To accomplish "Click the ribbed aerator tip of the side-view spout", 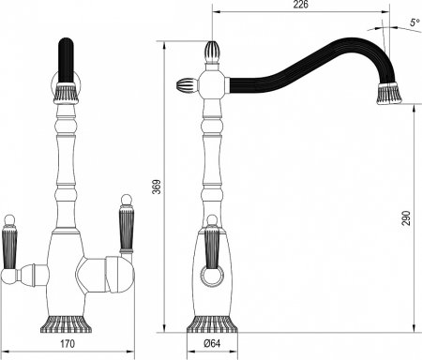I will tap(389, 93).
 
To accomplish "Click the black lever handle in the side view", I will tap(211, 250).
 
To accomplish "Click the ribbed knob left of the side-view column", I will tap(184, 85).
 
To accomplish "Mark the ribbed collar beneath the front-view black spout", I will tap(66, 93).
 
